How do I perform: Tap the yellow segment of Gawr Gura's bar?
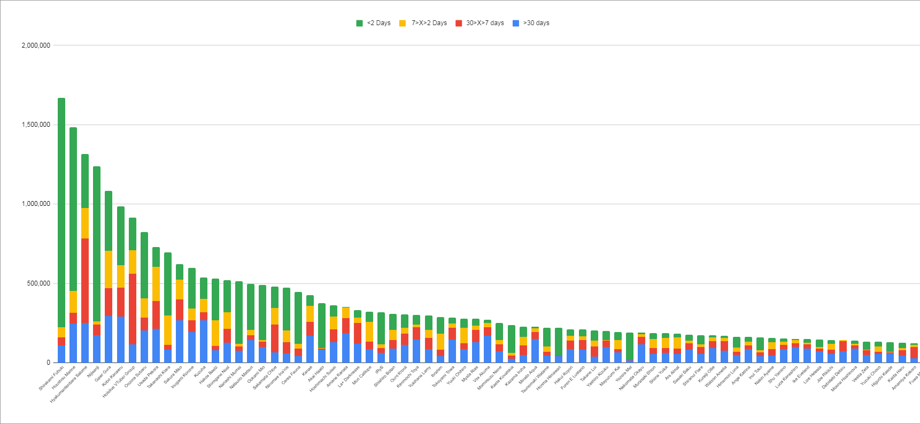pyautogui.click(x=109, y=269)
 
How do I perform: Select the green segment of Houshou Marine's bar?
pyautogui.click(x=73, y=209)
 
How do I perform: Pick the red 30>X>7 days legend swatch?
pyautogui.click(x=459, y=23)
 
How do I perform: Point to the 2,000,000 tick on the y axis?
pyautogui.click(x=36, y=45)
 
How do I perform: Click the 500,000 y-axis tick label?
pyautogui.click(x=38, y=283)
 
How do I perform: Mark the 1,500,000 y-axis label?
pyautogui.click(x=36, y=125)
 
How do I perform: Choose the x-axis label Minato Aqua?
pyautogui.click(x=528, y=375)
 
